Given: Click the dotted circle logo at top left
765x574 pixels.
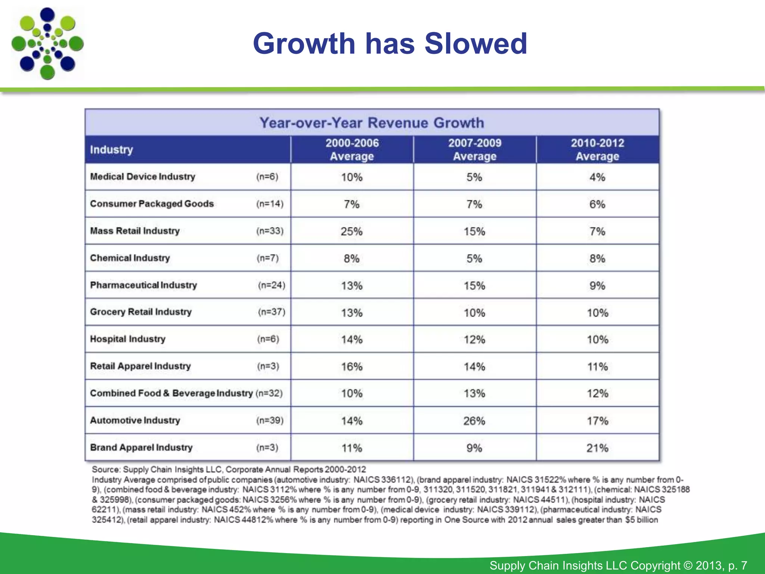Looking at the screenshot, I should click(x=47, y=43).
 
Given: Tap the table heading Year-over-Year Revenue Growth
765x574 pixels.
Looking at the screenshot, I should click(x=372, y=123).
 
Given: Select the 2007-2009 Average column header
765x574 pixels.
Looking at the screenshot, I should click(x=474, y=149).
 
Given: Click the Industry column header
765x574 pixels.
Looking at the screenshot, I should click(x=111, y=149).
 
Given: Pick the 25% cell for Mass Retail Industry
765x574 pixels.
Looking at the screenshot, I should click(x=351, y=231).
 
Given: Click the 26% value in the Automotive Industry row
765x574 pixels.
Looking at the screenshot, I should click(x=474, y=421).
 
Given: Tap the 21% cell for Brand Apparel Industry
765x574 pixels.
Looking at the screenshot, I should click(x=597, y=448).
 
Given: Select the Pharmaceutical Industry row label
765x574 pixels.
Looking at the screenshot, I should click(x=143, y=285).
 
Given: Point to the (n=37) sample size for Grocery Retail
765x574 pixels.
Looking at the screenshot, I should click(x=272, y=312).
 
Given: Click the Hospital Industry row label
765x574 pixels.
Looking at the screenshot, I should click(x=128, y=339).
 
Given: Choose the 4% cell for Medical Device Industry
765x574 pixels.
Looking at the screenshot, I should click(x=597, y=177).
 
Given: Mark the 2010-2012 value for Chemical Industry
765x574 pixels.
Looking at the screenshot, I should click(x=597, y=259).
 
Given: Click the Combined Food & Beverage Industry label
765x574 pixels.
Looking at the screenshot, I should click(x=171, y=393).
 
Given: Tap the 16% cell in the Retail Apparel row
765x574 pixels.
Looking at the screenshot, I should click(x=351, y=367).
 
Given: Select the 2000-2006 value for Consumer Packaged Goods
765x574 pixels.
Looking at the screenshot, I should click(x=351, y=204).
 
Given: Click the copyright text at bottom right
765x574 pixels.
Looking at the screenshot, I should click(x=618, y=565).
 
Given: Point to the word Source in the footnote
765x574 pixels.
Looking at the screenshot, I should click(x=106, y=469).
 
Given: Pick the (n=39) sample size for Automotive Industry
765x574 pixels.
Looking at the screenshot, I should click(x=270, y=420).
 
